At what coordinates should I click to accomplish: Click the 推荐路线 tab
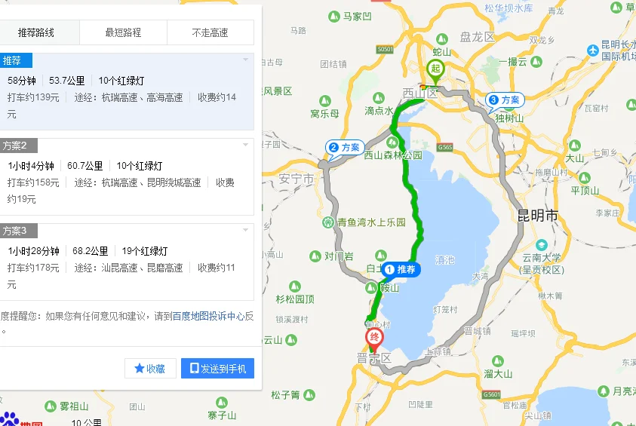coord(36,32)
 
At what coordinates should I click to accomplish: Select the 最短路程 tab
coord(123,32)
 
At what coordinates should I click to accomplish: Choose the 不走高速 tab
coord(210,32)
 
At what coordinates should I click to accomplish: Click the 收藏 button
coord(150,368)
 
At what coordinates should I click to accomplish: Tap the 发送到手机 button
coord(218,368)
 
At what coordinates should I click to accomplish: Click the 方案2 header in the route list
coord(15,146)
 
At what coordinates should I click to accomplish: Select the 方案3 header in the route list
coord(15,231)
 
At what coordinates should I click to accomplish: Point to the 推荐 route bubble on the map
coord(401,269)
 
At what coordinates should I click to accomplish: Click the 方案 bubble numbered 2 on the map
coord(345,147)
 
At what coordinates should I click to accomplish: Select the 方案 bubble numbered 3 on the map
coord(505,100)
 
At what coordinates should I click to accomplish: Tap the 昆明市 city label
coord(538,216)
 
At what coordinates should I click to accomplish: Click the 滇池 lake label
coord(445,260)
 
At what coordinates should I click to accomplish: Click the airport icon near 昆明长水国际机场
coord(593,50)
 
